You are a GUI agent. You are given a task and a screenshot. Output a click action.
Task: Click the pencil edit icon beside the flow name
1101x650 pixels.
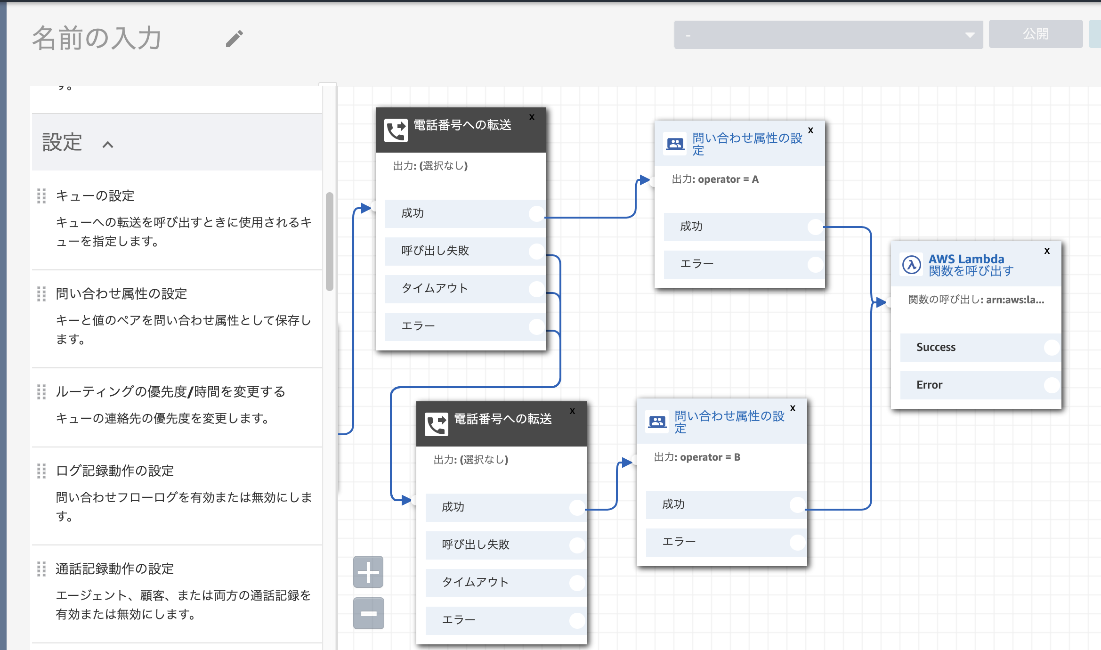click(234, 39)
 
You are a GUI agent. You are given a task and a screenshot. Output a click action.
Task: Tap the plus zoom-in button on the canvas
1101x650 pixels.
click(368, 572)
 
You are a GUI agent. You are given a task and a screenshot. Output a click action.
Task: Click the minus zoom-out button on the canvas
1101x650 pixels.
click(368, 613)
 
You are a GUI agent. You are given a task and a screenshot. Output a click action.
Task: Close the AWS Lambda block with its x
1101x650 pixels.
click(1047, 251)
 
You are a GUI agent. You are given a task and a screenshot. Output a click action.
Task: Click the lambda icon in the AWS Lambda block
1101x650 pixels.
click(912, 265)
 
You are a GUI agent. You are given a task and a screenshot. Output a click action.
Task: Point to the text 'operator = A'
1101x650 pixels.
click(728, 179)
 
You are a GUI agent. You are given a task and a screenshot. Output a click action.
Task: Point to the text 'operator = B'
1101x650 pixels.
click(710, 457)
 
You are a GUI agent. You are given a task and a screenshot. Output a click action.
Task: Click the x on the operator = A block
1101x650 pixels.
click(810, 130)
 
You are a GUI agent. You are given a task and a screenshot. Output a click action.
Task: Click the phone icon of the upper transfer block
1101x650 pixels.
click(396, 130)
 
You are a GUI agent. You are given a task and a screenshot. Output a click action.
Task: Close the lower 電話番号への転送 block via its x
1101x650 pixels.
click(572, 411)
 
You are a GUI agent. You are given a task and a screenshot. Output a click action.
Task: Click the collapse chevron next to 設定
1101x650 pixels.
click(108, 145)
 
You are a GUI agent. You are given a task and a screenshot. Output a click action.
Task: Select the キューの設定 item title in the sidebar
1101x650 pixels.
click(95, 195)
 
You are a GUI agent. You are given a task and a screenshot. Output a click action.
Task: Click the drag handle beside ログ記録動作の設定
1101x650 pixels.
click(41, 471)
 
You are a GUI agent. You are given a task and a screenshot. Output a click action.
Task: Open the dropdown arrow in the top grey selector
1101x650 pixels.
click(970, 35)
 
